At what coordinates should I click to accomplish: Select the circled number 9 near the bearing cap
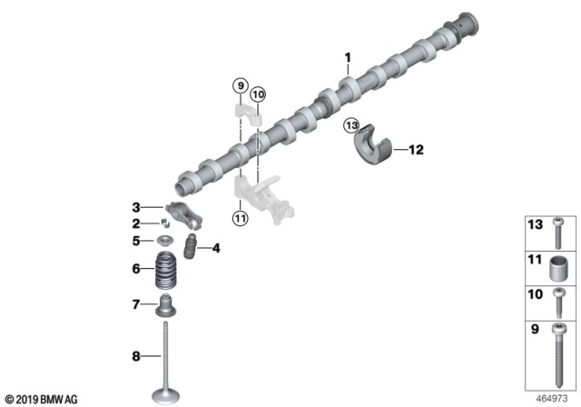(x=240, y=85)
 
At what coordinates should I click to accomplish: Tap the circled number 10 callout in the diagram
(x=258, y=94)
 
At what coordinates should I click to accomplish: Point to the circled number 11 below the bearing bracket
(x=240, y=218)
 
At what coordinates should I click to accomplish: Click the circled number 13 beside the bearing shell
(x=352, y=125)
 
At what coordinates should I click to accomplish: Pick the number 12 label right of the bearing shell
(x=417, y=148)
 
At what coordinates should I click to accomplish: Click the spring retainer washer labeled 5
(x=166, y=240)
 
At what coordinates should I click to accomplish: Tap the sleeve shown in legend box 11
(x=556, y=271)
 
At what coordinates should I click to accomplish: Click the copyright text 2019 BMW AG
(x=44, y=398)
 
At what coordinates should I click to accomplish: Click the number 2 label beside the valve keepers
(x=135, y=223)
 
